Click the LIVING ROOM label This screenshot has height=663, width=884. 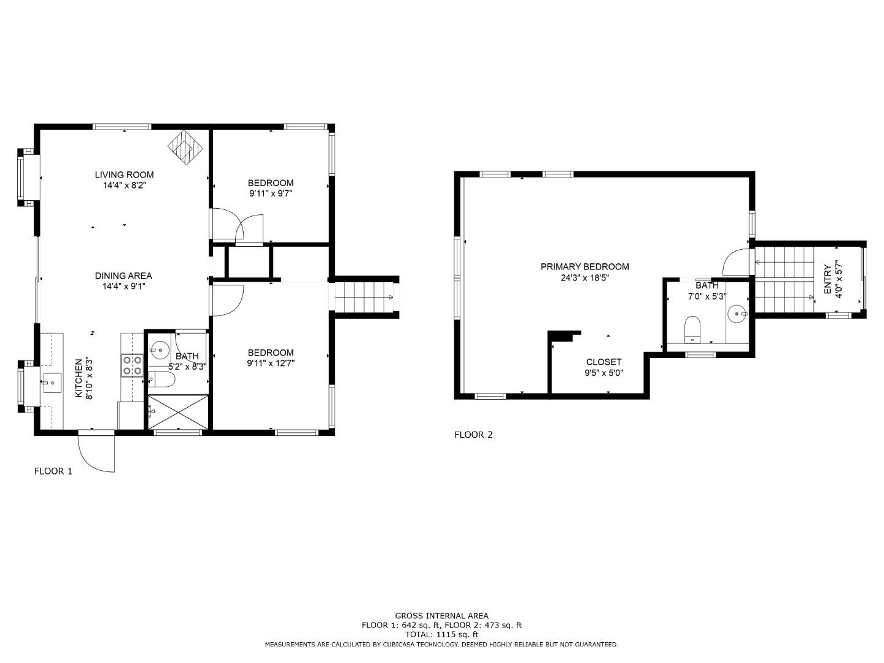(x=124, y=175)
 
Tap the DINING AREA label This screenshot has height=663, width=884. (x=123, y=276)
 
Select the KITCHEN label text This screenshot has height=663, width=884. (x=79, y=379)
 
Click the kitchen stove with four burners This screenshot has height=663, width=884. (x=132, y=365)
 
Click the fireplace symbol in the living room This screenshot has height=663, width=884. (x=185, y=147)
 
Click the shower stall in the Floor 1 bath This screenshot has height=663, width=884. (x=179, y=411)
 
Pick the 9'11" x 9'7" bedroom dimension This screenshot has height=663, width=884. (x=270, y=193)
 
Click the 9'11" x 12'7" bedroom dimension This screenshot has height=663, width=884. (x=270, y=363)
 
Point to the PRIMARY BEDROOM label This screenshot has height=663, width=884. (x=584, y=266)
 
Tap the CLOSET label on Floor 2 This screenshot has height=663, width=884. (x=603, y=362)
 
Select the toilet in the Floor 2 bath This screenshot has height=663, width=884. (x=692, y=328)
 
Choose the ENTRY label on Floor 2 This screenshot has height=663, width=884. (x=828, y=279)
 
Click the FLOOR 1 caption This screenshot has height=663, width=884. (x=53, y=471)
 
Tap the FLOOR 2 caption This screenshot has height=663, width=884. (x=473, y=435)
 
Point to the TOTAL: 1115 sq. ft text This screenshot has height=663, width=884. (x=441, y=634)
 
